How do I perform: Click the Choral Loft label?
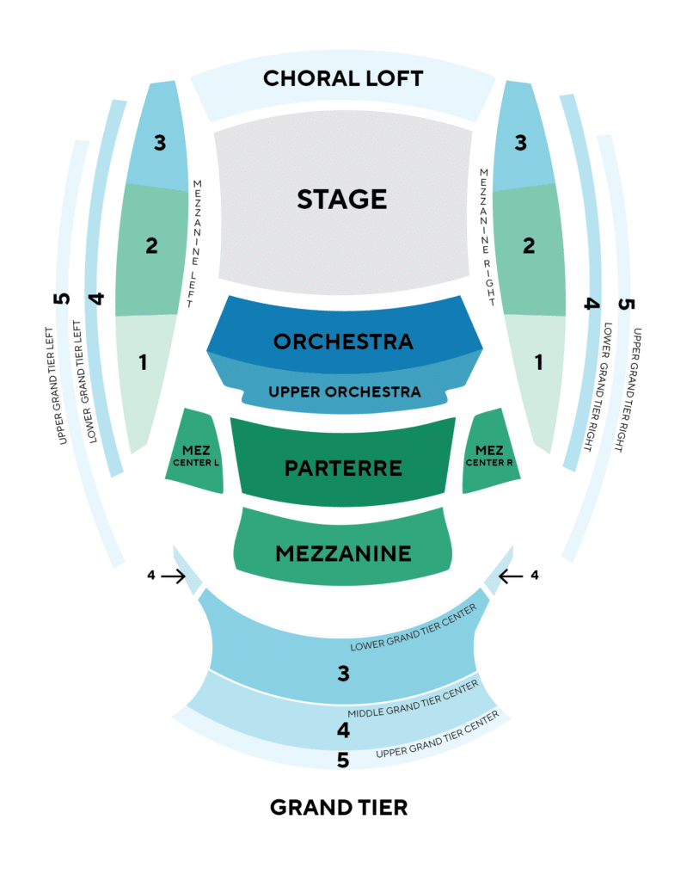(343, 78)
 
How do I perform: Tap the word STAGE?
(342, 200)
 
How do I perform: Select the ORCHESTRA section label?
(343, 342)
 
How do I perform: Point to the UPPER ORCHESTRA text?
(344, 391)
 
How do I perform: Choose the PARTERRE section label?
(343, 468)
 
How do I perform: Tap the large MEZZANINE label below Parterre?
(343, 554)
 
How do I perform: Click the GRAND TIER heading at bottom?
(339, 808)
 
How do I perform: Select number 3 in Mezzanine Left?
(160, 143)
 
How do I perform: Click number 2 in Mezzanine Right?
(529, 245)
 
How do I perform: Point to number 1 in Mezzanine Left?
(144, 362)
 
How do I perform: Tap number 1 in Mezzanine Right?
(539, 362)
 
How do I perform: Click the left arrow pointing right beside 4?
(174, 576)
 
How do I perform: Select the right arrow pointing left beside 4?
(511, 576)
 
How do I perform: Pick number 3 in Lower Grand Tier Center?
(344, 673)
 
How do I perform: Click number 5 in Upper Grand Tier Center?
(343, 761)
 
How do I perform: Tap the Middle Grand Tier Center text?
(414, 699)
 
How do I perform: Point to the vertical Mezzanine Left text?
(194, 243)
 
